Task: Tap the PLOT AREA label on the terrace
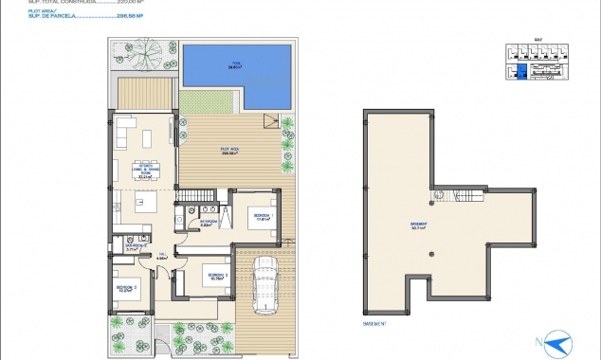click(x=229, y=151)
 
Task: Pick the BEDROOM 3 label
click(x=217, y=277)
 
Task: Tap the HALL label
click(x=162, y=254)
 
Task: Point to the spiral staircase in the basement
click(x=439, y=195)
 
